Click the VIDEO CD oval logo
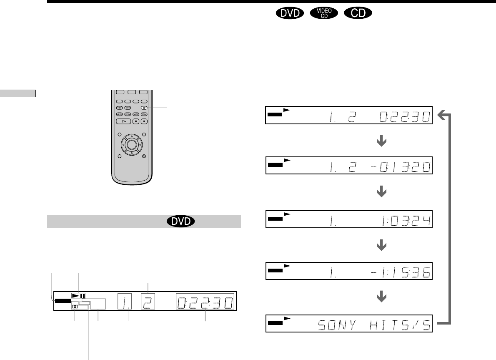324,13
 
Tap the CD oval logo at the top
358,13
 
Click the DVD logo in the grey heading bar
180,221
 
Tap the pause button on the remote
136,121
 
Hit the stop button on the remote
144,121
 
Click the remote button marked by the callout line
144,108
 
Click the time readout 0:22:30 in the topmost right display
405,117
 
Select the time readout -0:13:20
401,167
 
